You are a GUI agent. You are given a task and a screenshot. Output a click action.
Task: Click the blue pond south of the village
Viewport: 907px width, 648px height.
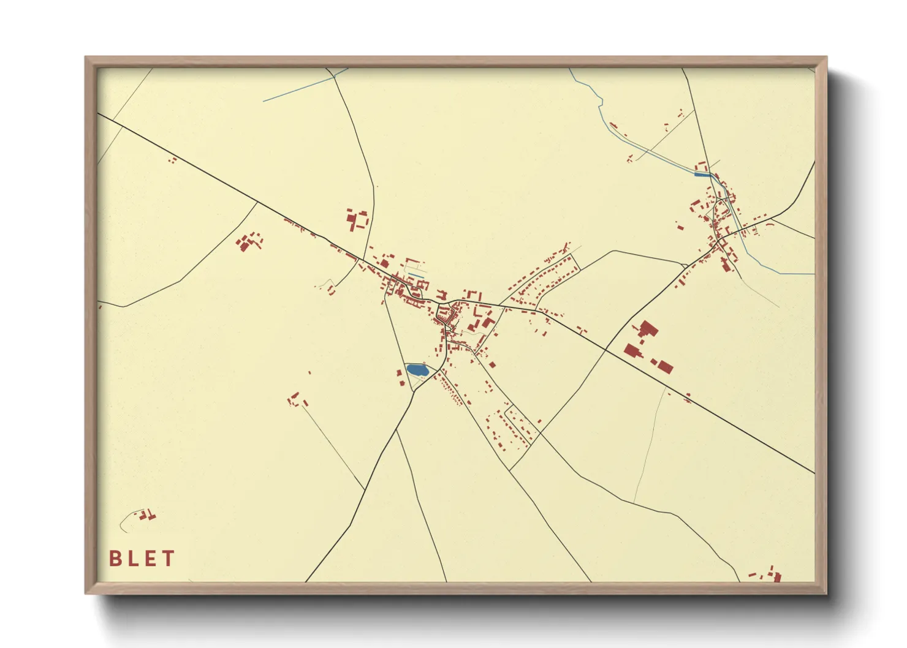[x=417, y=370]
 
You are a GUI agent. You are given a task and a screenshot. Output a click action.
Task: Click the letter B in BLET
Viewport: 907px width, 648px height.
[x=115, y=559]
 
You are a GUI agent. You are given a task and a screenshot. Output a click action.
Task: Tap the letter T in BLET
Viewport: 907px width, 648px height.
[x=169, y=559]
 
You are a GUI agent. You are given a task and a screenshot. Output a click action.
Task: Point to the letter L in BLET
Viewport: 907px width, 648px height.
[x=132, y=559]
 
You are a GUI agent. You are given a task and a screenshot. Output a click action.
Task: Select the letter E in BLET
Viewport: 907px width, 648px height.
[x=150, y=559]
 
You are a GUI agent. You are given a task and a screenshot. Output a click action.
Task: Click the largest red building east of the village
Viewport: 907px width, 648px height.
[x=632, y=351]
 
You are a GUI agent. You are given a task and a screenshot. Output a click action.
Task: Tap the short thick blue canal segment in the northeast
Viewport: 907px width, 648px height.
[x=703, y=175]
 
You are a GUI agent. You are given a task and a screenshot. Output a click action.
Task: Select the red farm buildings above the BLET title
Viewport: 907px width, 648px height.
[x=146, y=515]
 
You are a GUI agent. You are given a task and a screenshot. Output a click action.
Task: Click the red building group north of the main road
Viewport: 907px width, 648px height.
[x=357, y=219]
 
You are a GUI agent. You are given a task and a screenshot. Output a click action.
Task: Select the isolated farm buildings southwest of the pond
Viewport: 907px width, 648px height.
[x=297, y=401]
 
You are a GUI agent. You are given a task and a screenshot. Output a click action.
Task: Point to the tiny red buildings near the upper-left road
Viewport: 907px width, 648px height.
[x=173, y=160]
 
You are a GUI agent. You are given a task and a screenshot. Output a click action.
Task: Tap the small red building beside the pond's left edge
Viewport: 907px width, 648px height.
[x=400, y=374]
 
